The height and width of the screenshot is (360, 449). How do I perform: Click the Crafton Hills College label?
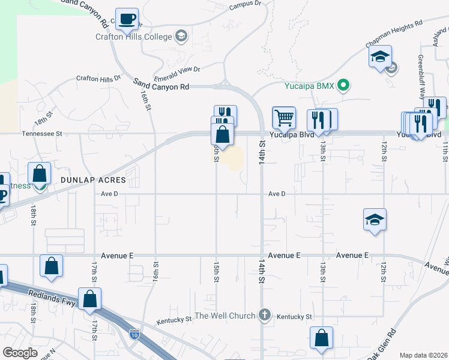point(133,36)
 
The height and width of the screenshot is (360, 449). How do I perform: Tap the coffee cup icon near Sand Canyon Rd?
point(127,20)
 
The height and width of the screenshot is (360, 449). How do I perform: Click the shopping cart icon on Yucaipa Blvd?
point(284,118)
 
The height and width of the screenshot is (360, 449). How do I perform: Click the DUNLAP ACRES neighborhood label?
point(93,180)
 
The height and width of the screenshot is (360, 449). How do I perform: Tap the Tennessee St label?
point(42,134)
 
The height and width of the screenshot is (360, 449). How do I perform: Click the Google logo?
point(20,353)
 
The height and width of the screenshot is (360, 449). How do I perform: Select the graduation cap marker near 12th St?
point(375,220)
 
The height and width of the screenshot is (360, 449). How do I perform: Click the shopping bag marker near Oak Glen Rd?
point(321,338)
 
